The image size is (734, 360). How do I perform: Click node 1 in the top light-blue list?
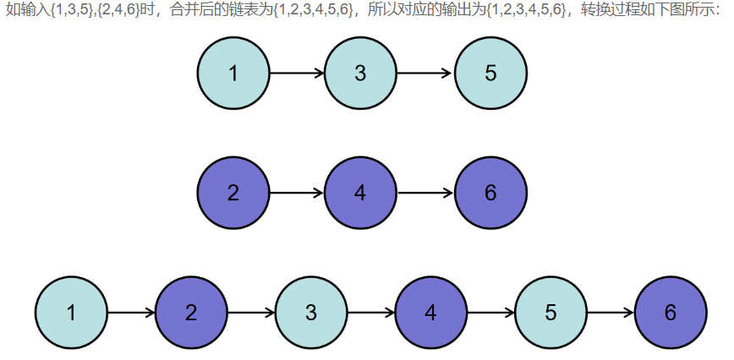tap(233, 73)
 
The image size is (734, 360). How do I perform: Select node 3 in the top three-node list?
tap(360, 73)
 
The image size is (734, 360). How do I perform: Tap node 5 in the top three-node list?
tap(490, 73)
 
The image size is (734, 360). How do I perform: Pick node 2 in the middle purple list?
tap(233, 193)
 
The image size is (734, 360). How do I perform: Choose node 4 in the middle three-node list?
tap(360, 193)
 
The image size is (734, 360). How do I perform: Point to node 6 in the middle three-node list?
tap(490, 193)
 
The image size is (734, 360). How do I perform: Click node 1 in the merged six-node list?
tap(71, 313)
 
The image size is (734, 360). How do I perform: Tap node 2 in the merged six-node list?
tap(191, 313)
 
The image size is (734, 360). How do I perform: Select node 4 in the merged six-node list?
tap(431, 313)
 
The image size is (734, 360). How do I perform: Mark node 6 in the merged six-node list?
tap(671, 313)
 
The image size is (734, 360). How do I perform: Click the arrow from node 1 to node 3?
tap(297, 73)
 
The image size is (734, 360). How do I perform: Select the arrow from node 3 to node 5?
tap(425, 73)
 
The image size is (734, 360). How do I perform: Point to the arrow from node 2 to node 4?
tap(297, 193)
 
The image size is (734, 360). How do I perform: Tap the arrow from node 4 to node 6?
tap(425, 193)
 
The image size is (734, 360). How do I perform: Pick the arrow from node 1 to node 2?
tap(131, 313)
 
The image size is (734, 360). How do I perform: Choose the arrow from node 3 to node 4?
tap(371, 313)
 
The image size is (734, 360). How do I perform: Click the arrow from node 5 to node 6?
tap(611, 313)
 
